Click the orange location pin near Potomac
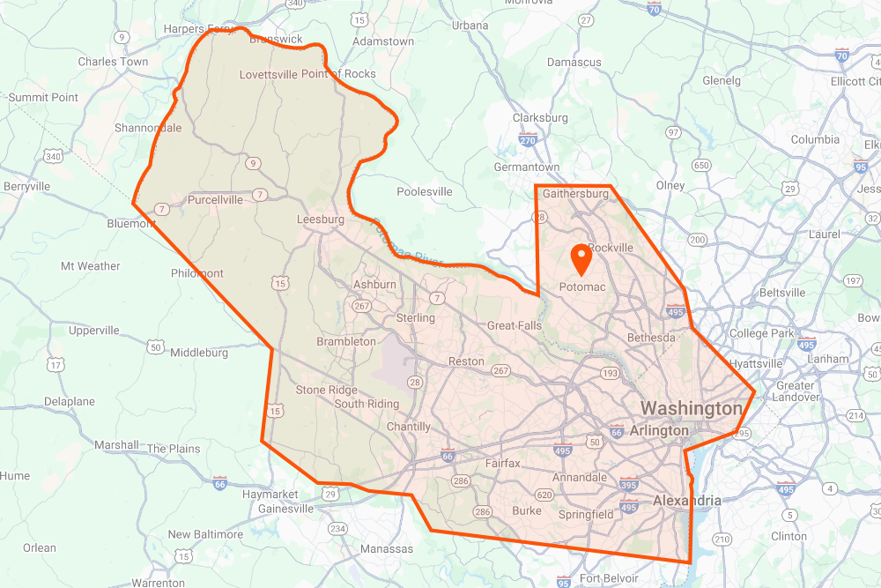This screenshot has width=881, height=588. [581, 258]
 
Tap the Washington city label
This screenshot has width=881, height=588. [692, 409]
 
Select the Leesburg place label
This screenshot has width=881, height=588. [321, 220]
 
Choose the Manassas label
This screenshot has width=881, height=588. [387, 549]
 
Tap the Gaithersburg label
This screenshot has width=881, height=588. [576, 193]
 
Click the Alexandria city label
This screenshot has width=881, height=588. [686, 501]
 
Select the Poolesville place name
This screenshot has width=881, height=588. [425, 191]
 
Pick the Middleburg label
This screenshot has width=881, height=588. [199, 353]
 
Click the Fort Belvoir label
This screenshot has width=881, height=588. [609, 578]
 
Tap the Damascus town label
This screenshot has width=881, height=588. [574, 63]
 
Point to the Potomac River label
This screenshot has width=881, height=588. [405, 241]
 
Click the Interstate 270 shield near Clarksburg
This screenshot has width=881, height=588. [529, 139]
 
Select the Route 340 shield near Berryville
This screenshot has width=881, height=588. [53, 157]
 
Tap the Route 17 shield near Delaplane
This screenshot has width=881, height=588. [56, 364]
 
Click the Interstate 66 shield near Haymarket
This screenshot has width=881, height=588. [220, 483]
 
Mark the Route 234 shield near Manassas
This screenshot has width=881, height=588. [337, 528]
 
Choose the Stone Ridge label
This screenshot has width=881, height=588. [327, 390]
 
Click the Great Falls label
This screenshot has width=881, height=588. [515, 325]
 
